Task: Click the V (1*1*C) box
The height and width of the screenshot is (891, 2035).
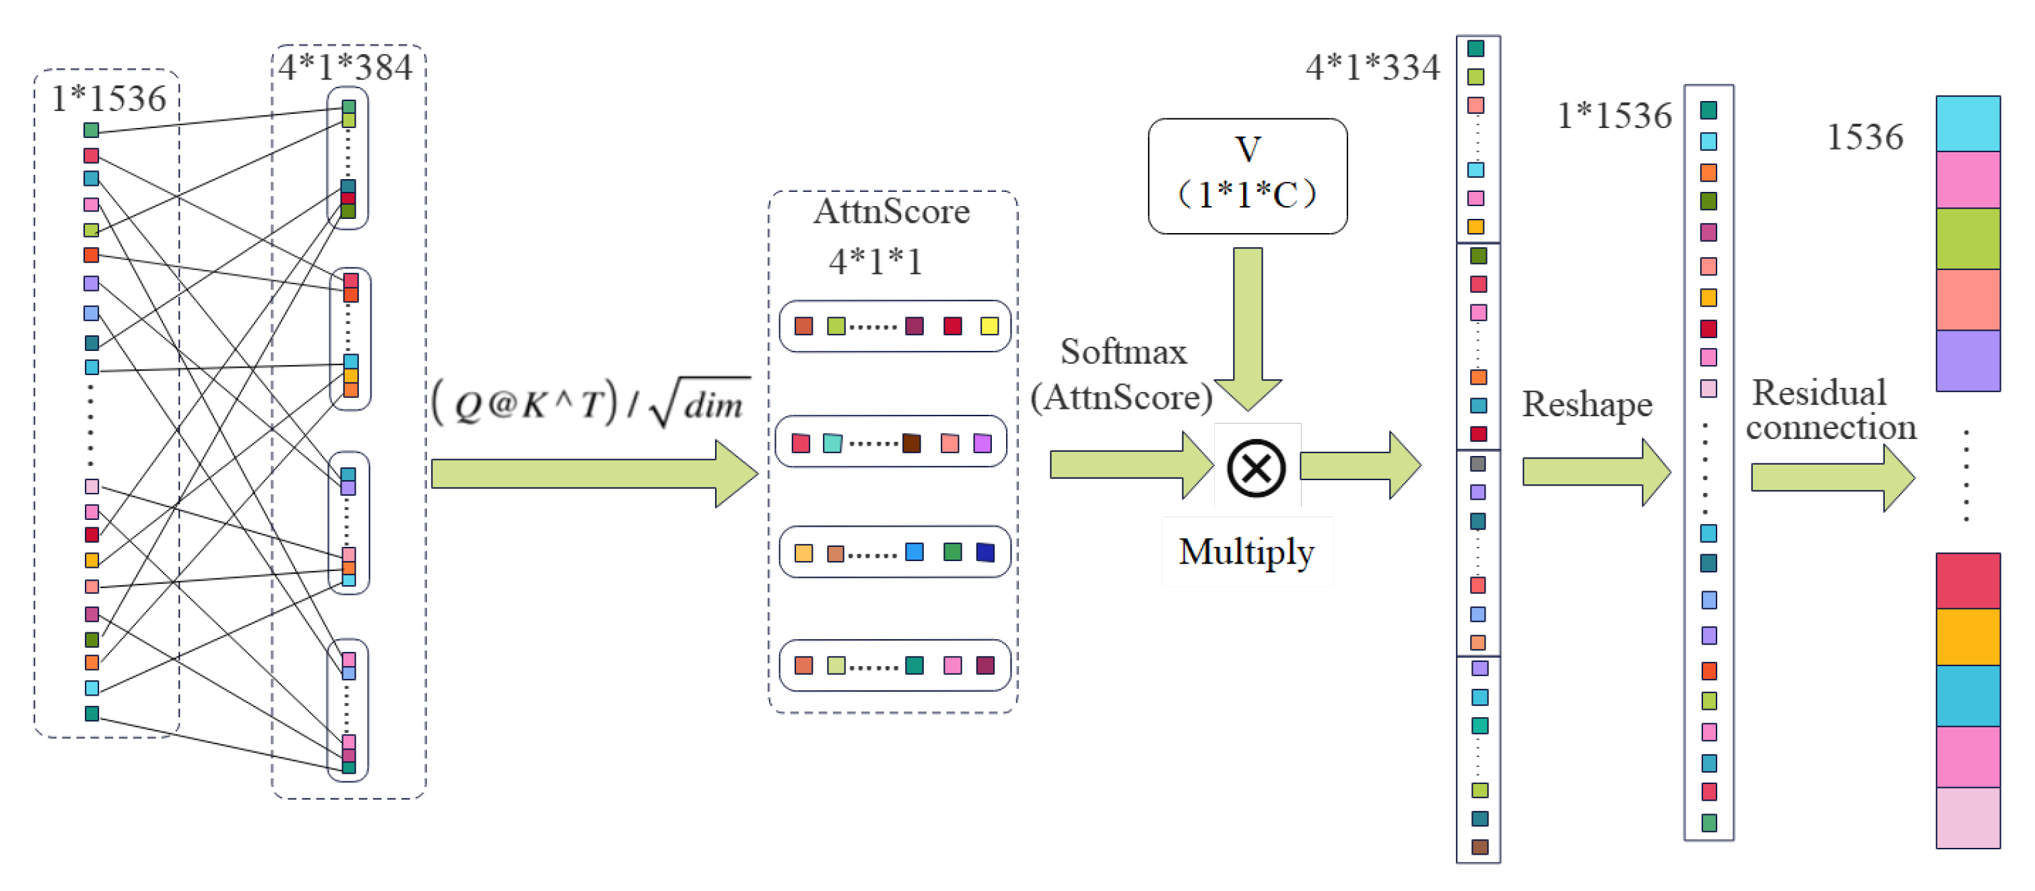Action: click(x=1247, y=175)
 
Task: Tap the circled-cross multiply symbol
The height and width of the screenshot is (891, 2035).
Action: click(x=1255, y=467)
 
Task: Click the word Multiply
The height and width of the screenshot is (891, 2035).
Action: click(x=1246, y=552)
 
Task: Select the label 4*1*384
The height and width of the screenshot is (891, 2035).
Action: click(x=345, y=67)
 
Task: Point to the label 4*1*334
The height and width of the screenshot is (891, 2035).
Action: click(x=1372, y=67)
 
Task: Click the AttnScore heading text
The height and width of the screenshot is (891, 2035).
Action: click(x=891, y=211)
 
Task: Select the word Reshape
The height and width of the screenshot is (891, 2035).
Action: click(x=1587, y=405)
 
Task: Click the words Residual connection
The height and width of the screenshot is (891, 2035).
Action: click(x=1830, y=410)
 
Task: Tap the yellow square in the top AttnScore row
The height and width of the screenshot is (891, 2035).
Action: click(x=989, y=326)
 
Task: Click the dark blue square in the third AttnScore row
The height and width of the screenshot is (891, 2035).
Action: click(x=985, y=552)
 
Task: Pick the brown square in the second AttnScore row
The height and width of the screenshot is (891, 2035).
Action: click(x=912, y=443)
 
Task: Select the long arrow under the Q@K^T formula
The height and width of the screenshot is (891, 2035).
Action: click(x=593, y=474)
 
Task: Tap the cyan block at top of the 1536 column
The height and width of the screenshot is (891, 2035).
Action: click(x=1967, y=124)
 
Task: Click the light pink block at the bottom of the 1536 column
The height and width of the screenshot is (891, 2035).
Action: click(x=1967, y=818)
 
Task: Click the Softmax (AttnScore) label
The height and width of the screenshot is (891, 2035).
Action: click(x=1122, y=374)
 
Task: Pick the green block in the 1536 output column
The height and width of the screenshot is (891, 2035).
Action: click(x=1967, y=238)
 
